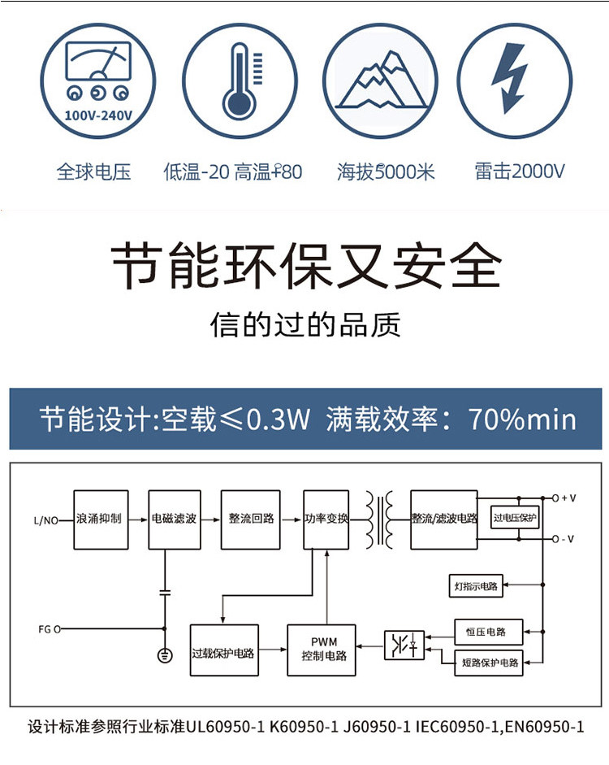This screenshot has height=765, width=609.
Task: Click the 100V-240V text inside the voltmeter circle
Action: click(98, 115)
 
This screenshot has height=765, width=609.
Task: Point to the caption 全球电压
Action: click(93, 172)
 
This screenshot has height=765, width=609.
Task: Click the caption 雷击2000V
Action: click(520, 172)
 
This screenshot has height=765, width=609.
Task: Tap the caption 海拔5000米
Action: click(387, 172)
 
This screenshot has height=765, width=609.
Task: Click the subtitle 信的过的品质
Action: click(305, 325)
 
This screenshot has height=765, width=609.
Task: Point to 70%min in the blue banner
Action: click(522, 419)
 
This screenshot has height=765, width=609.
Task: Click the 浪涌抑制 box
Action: click(101, 519)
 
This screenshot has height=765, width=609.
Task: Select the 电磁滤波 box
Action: click(174, 519)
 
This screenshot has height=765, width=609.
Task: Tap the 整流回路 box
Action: click(250, 519)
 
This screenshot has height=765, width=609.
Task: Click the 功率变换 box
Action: click(326, 519)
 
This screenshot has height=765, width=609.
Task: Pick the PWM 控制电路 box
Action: click(323, 650)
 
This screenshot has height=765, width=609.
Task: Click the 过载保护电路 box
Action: click(223, 650)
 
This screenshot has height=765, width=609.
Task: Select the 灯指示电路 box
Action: click(475, 585)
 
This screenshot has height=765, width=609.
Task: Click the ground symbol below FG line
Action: click(165, 655)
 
